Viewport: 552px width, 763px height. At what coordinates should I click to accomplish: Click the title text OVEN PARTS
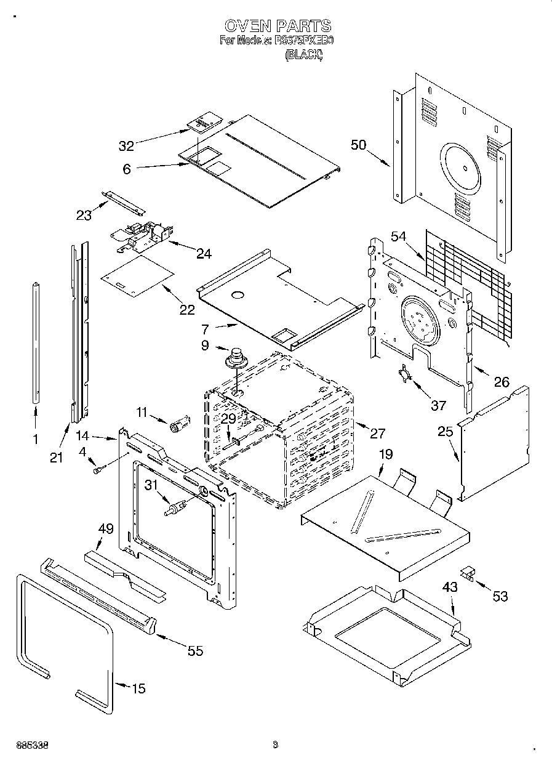[x=277, y=26]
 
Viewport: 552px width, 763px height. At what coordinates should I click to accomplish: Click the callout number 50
[x=358, y=145]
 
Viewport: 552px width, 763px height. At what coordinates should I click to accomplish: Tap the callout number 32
[x=126, y=146]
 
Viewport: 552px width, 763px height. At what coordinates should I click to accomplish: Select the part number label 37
[x=438, y=405]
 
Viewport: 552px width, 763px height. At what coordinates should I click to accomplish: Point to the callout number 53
[x=500, y=595]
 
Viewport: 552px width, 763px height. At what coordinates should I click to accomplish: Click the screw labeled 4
[x=97, y=470]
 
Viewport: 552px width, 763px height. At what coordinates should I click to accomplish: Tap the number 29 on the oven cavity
[x=228, y=419]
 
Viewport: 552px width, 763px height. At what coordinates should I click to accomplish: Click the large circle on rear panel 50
[x=459, y=168]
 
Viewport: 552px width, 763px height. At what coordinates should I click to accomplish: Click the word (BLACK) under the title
[x=303, y=55]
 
